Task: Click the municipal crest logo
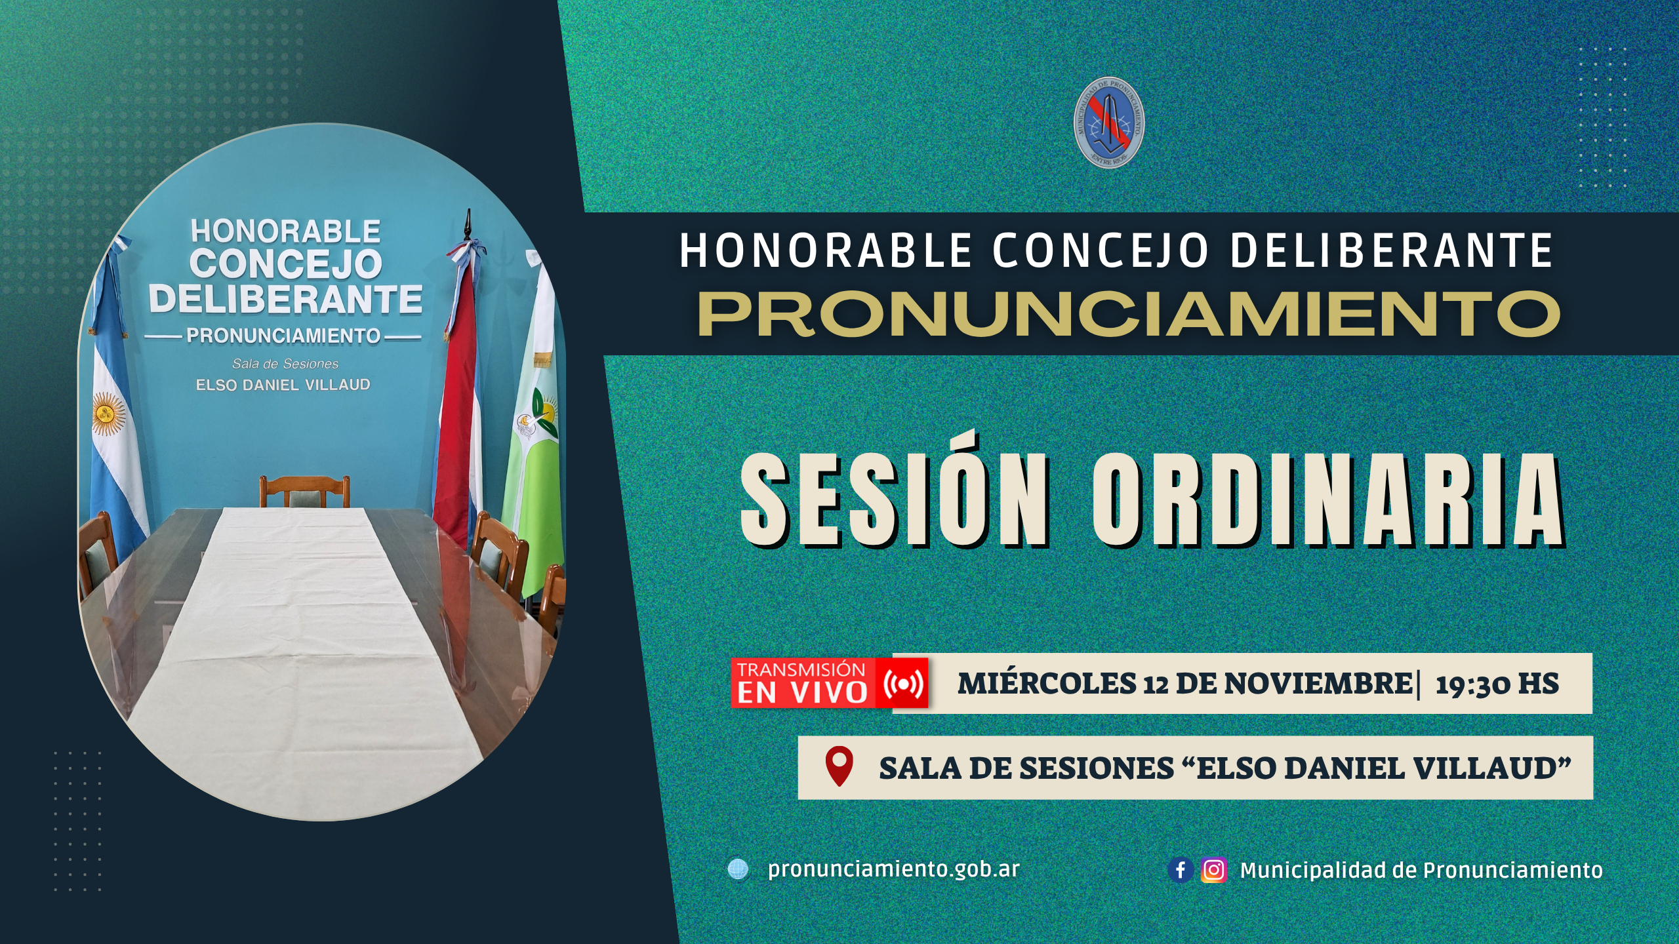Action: [1109, 123]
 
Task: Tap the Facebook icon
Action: [1180, 870]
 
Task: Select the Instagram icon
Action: [1213, 870]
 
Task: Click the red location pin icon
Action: [839, 765]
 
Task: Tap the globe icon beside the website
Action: [738, 869]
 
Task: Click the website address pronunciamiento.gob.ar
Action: [893, 869]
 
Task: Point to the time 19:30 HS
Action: [1497, 684]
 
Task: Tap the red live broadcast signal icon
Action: [904, 684]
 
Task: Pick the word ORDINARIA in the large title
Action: [1327, 500]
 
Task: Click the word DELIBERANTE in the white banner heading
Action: [1391, 250]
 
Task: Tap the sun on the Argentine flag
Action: [108, 413]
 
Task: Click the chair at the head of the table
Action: [304, 492]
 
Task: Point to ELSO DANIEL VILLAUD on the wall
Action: [283, 385]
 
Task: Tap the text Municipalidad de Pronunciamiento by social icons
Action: [1421, 870]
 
